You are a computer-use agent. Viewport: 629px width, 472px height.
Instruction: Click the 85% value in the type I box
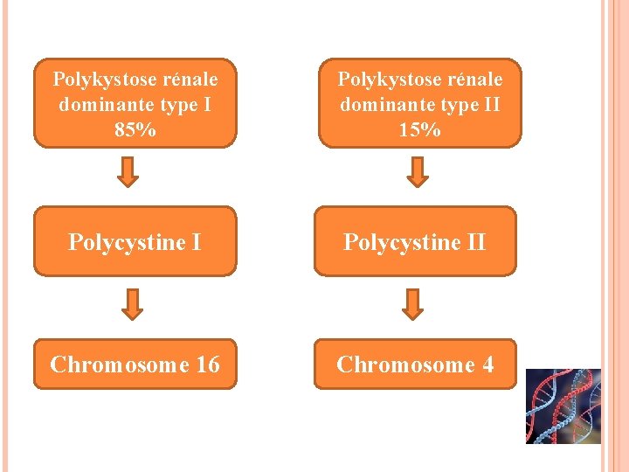(x=135, y=130)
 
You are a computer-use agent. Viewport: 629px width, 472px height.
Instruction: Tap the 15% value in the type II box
(x=419, y=130)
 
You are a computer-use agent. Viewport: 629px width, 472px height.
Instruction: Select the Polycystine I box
(x=135, y=241)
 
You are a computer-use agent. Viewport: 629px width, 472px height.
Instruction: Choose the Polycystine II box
(x=415, y=241)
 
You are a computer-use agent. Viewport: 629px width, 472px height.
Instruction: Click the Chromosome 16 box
(x=135, y=364)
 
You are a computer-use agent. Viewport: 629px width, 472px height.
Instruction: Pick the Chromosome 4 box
(x=415, y=364)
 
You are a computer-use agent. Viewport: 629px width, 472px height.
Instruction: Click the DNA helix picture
(x=563, y=406)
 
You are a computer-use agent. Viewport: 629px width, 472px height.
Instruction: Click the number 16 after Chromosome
(x=208, y=364)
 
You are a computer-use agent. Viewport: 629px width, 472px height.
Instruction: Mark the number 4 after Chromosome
(x=487, y=364)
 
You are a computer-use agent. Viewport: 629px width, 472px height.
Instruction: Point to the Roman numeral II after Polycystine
(x=474, y=241)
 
